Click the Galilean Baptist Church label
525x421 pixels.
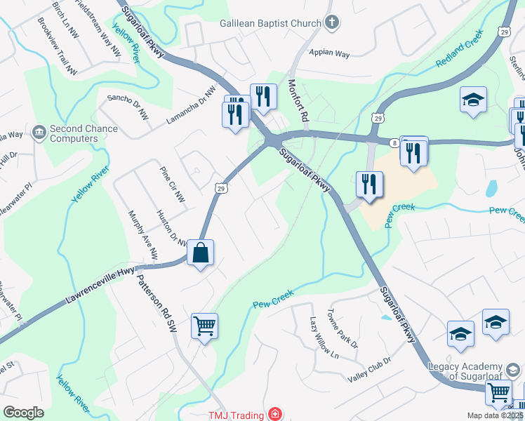(270, 23)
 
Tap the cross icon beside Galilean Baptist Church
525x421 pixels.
(333, 22)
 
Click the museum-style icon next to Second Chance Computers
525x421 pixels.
(39, 131)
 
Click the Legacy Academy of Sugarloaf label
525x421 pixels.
(465, 372)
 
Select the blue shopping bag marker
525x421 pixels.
(201, 254)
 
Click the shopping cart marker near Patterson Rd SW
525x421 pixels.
(204, 326)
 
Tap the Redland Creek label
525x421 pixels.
(460, 48)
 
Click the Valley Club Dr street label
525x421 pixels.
(368, 370)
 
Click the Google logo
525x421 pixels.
(23, 413)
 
